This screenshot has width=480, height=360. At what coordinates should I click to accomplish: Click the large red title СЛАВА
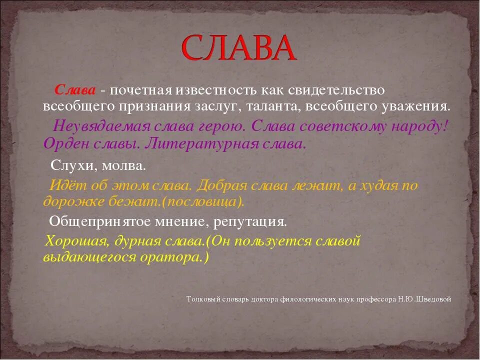(x=238, y=48)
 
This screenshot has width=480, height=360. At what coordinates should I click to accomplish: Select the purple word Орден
(x=62, y=144)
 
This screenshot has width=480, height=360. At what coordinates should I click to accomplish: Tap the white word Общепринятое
(x=99, y=220)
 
